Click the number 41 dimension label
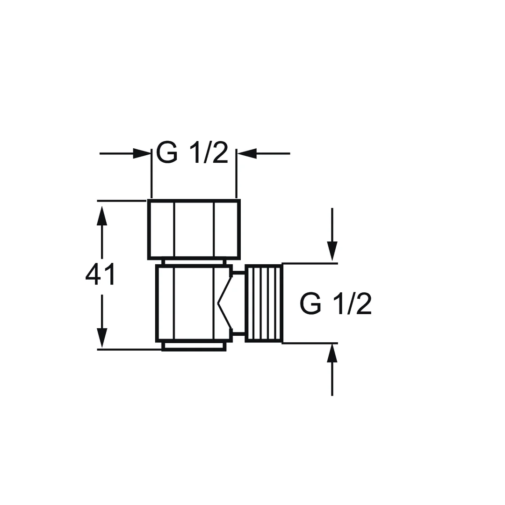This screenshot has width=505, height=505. click(100, 274)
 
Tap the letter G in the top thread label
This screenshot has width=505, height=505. click(167, 153)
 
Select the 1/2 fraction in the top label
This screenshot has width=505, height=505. click(209, 152)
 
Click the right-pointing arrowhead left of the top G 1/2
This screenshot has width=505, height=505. click(142, 153)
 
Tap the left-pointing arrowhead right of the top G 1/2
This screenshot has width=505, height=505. click(246, 153)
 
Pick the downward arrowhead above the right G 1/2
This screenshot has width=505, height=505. click(332, 251)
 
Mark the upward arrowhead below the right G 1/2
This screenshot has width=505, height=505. click(332, 353)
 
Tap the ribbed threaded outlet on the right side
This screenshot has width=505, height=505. click(264, 303)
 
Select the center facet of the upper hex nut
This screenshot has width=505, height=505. click(194, 229)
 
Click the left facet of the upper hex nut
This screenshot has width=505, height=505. click(162, 229)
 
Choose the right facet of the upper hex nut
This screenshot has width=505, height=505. click(226, 229)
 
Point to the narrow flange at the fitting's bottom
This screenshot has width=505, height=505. click(194, 346)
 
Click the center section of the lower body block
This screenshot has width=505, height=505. click(194, 303)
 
